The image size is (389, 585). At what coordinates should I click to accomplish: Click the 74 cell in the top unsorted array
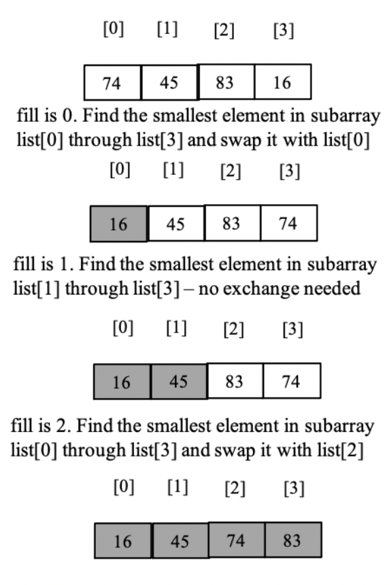(x=112, y=83)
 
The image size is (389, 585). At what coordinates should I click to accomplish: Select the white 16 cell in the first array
(x=282, y=83)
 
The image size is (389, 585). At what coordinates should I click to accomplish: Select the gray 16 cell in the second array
(x=118, y=224)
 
